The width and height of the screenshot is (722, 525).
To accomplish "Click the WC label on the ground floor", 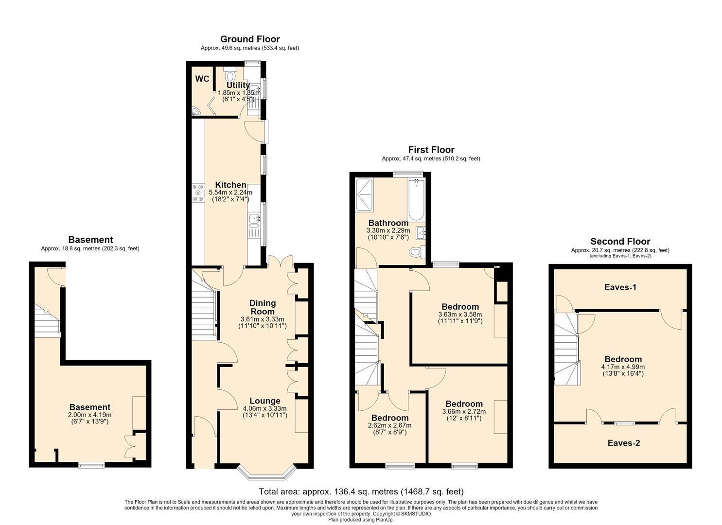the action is coord(202,79).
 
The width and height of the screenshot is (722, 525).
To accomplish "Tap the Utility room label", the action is coord(238,86).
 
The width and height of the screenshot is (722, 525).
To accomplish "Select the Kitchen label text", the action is coord(231,185).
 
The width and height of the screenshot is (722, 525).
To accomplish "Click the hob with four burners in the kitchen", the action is coord(198,193).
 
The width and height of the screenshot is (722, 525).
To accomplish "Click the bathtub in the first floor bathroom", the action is coord(417,200).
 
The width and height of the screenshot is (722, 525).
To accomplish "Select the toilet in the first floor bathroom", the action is coord(418,252).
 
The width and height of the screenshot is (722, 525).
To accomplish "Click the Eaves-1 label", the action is coord(620,287).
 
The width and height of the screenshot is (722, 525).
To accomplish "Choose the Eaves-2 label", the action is coord(624,443).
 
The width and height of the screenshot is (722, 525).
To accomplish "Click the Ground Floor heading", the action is coord(250,39).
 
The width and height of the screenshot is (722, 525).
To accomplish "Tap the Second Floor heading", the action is coord(620,242).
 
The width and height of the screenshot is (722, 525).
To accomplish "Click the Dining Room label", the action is coord(263,307).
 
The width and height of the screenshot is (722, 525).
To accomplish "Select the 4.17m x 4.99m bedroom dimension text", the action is coord(623,367).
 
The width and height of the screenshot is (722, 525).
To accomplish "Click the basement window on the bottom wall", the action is coord(92,465).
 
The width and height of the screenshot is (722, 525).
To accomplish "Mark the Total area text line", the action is coord(361,491).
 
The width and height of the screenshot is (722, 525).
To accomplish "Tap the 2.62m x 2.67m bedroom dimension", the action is coord(390,425).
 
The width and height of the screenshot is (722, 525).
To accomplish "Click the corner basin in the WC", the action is coord(195,111).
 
